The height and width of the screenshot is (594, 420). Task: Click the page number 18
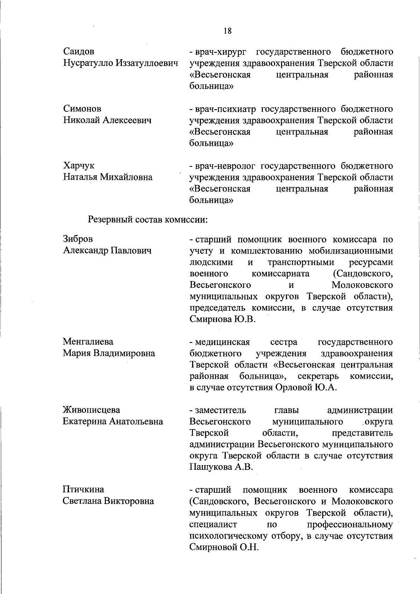[x=227, y=31]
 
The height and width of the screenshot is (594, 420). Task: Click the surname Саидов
[x=79, y=52]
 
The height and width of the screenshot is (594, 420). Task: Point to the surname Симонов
[x=82, y=109]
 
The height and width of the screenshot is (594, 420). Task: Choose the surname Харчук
[x=79, y=166]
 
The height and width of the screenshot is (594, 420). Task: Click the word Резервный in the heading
[x=111, y=220]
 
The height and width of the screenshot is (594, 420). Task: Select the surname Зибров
[x=78, y=239]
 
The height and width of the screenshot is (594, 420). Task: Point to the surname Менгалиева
[x=88, y=341]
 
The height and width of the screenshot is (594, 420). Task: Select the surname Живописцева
[x=91, y=410]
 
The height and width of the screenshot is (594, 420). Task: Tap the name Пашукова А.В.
[x=221, y=468]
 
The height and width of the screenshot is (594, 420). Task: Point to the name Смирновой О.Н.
[x=224, y=547]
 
